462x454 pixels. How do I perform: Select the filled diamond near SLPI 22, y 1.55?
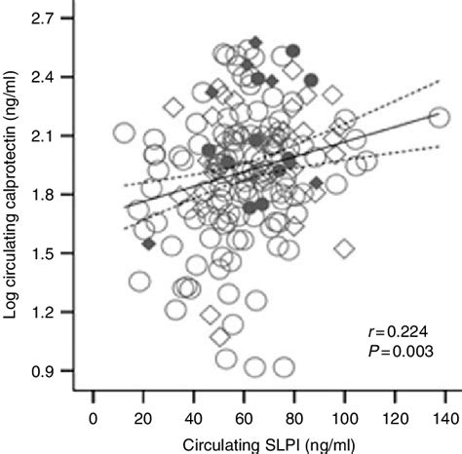148,244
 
